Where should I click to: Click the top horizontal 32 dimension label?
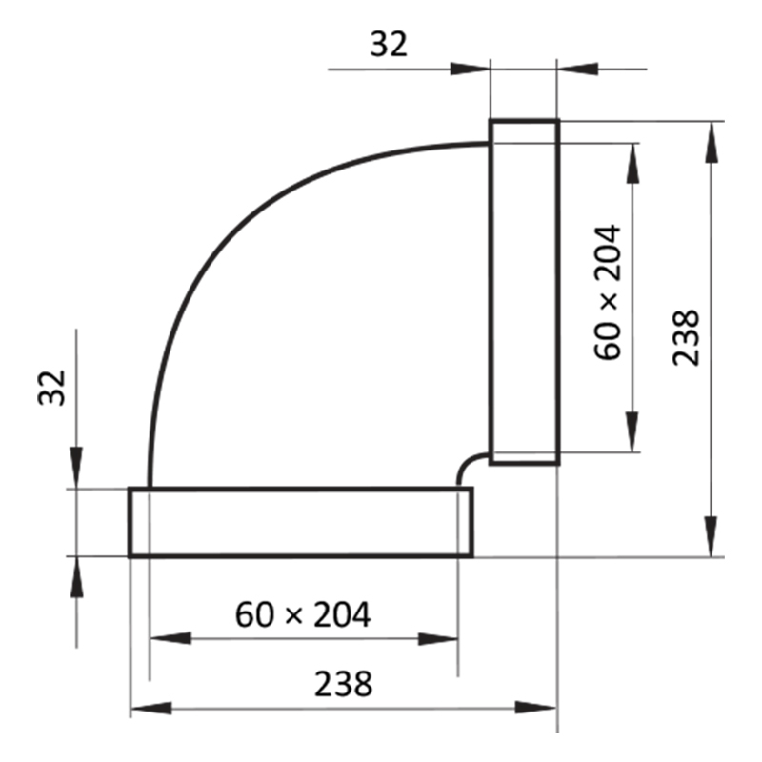point(389,44)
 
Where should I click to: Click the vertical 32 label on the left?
point(52,388)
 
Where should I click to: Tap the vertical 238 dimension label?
point(686,337)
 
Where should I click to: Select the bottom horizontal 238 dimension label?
point(343,684)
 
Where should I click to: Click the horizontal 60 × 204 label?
point(303,614)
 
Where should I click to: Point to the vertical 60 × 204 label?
point(608,292)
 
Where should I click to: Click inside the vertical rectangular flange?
point(524,291)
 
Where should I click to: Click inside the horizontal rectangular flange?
point(301,522)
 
